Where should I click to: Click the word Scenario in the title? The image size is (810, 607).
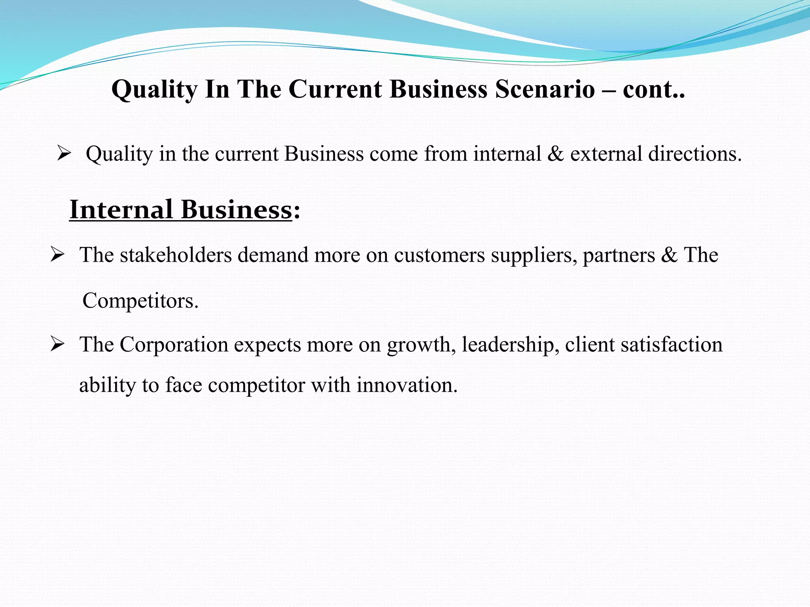[545, 89]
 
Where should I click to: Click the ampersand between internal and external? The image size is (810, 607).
[556, 154]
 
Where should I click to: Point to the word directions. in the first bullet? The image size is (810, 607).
[695, 154]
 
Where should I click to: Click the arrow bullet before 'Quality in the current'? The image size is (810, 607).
[63, 153]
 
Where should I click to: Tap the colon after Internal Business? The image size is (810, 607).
[297, 211]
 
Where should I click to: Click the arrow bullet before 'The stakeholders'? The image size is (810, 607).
[57, 255]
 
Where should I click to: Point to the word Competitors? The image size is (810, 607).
[140, 301]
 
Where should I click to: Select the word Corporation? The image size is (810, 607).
[174, 345]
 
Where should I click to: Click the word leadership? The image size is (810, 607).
[510, 345]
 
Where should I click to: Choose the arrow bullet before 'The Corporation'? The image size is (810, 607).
[57, 345]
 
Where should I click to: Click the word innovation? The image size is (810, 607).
[407, 385]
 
